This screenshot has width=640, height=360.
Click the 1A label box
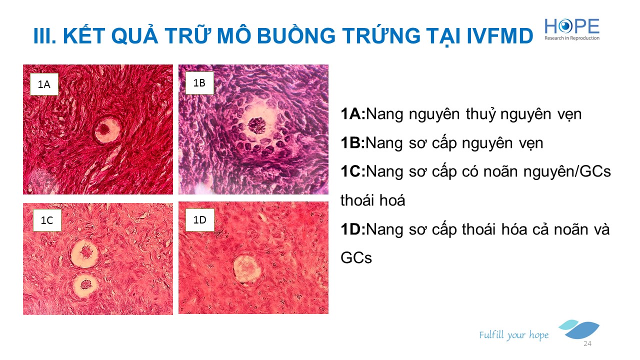(44, 84)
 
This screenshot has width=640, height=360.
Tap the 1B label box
(199, 83)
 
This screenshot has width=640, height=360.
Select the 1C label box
(47, 220)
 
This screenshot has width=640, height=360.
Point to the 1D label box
(199, 220)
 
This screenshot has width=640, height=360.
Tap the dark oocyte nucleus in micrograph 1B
(257, 125)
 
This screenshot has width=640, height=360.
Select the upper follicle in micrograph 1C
(84, 253)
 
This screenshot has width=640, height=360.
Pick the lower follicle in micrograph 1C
(85, 285)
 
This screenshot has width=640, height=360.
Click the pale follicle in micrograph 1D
(247, 269)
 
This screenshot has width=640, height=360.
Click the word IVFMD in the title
(500, 36)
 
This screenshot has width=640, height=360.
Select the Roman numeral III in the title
(44, 36)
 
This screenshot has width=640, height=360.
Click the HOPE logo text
(571, 26)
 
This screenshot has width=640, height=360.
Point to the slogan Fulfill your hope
(513, 335)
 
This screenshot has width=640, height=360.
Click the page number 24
(587, 343)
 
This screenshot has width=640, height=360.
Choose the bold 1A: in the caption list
(353, 113)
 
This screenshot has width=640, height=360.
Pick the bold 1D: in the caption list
(353, 229)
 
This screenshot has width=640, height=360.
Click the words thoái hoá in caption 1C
(373, 200)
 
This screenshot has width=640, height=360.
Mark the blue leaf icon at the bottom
(580, 329)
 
